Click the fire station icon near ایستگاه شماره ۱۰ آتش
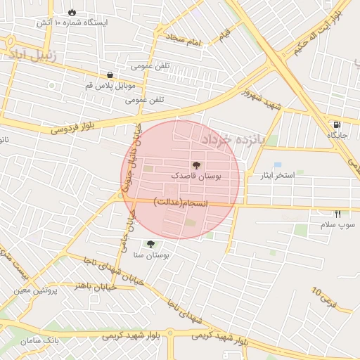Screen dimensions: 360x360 coord(73,12)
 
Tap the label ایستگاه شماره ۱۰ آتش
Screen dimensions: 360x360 coord(73,23)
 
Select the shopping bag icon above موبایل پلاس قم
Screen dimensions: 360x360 coord(110,75)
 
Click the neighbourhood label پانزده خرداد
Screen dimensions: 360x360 coord(233,139)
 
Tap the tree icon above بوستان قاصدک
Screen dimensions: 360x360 coord(195,166)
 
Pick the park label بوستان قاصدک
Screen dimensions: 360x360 coord(195,177)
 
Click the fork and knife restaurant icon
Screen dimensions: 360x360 coord(338,214)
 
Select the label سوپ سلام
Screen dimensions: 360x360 coord(338,224)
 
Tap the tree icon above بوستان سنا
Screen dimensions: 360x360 coord(150,244)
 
